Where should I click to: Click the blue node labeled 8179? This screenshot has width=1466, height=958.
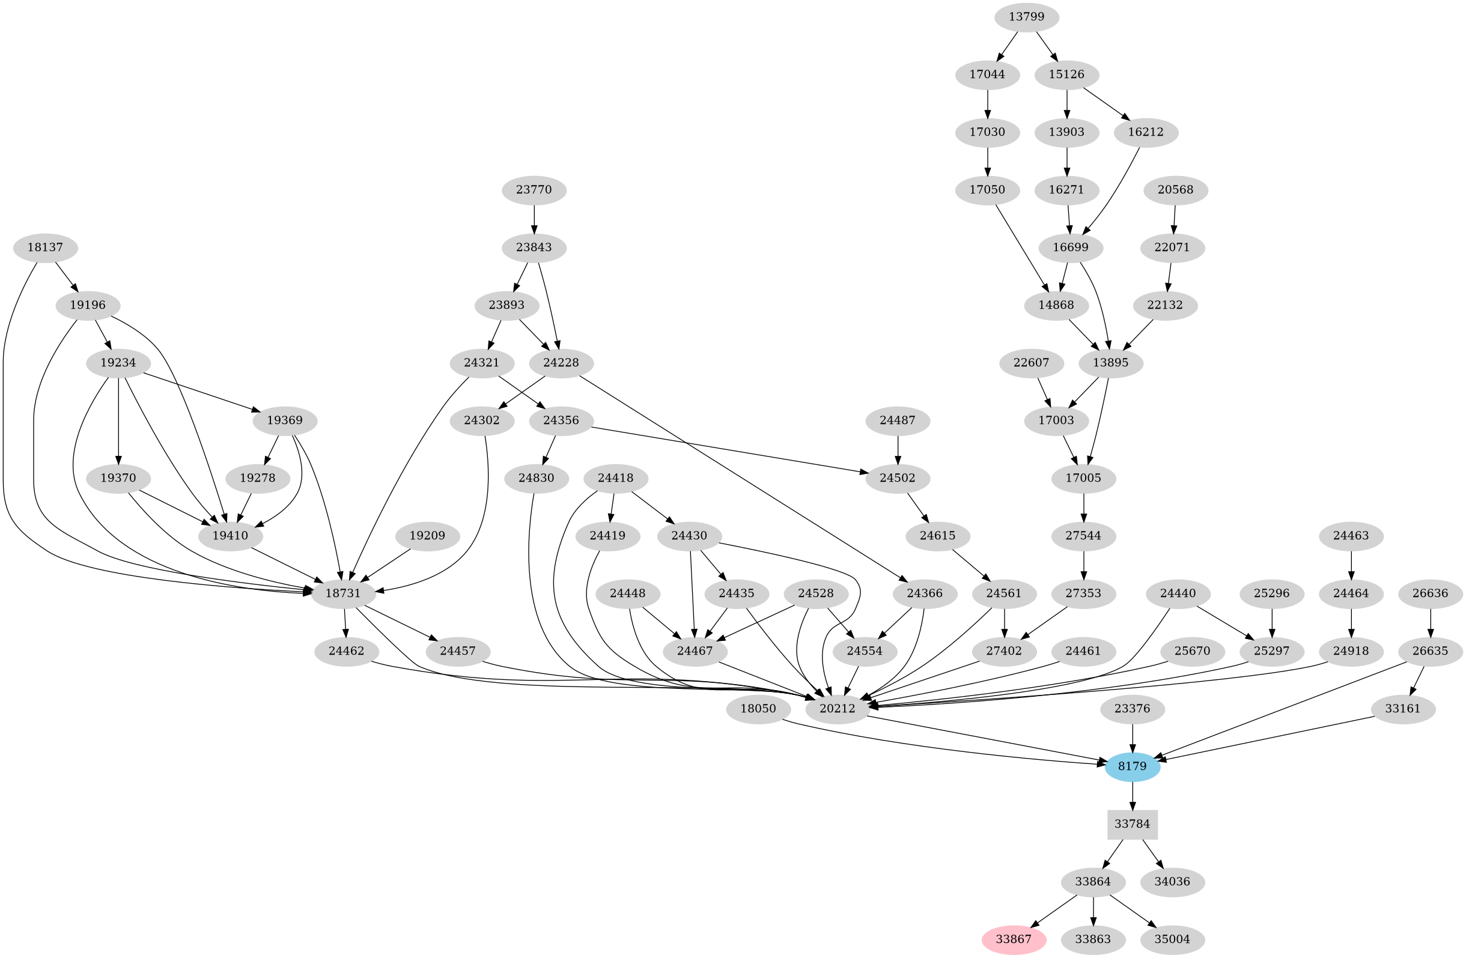(x=1132, y=766)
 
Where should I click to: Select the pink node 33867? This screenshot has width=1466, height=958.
(x=1013, y=939)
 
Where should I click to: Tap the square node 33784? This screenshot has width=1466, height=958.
(x=1132, y=825)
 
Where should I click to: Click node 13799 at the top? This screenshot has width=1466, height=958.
(x=1026, y=17)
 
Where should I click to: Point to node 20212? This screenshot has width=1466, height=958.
(x=837, y=709)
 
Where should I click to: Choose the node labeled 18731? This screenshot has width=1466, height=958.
(x=344, y=593)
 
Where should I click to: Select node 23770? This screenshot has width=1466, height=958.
(x=534, y=190)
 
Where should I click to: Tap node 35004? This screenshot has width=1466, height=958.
(x=1172, y=939)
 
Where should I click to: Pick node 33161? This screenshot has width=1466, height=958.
(x=1402, y=709)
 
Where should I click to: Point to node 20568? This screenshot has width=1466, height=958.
(x=1175, y=190)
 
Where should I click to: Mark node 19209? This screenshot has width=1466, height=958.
(x=427, y=536)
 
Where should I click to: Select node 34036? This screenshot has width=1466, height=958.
(x=1172, y=882)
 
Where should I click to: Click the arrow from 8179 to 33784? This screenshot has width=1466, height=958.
(x=1132, y=795)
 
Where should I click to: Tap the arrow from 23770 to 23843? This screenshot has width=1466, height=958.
(x=534, y=219)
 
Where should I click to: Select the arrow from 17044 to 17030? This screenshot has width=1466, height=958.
(x=987, y=103)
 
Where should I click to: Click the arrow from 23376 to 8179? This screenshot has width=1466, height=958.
(x=1132, y=738)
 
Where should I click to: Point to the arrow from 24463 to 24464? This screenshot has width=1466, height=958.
(x=1351, y=565)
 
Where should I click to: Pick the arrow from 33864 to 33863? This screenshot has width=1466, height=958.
(x=1093, y=911)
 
